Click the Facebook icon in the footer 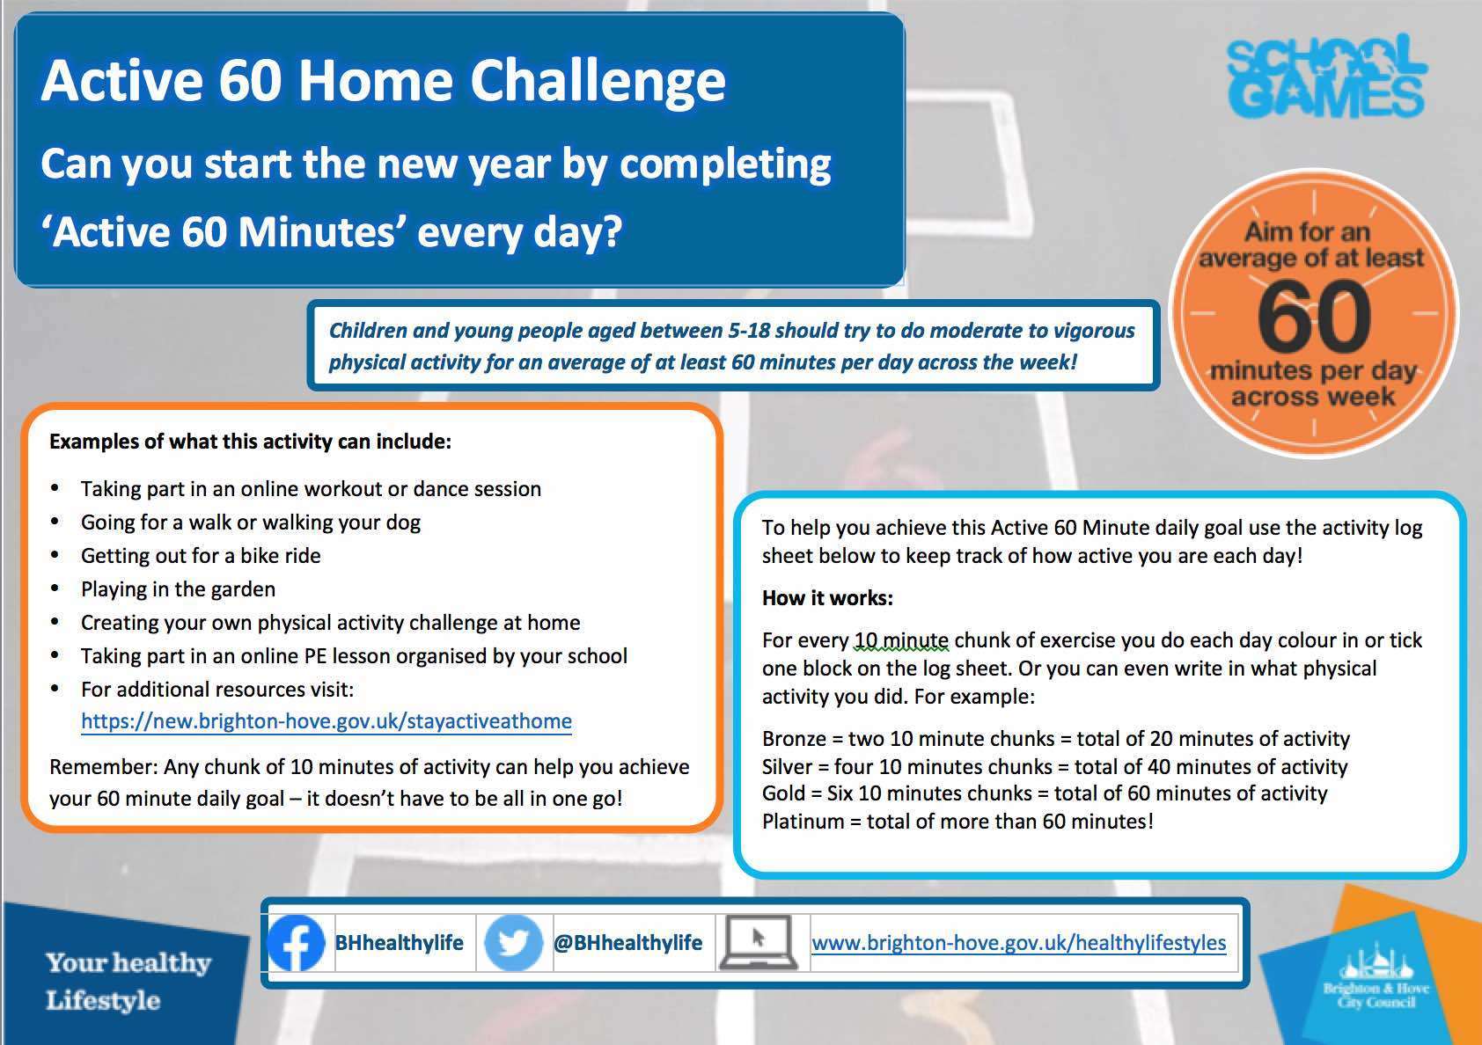point(296,942)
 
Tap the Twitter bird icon point(513,942)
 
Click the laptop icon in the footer point(759,942)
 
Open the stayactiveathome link point(326,721)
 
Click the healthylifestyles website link point(1019,942)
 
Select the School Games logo point(1326,76)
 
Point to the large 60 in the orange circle point(1314,315)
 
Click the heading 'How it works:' point(827,598)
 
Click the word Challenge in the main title point(598,81)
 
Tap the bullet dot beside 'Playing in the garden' point(55,588)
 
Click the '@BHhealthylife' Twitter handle point(627,942)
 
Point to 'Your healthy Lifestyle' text point(128,982)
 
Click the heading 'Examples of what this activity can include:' point(251,442)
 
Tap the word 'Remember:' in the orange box point(104,766)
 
